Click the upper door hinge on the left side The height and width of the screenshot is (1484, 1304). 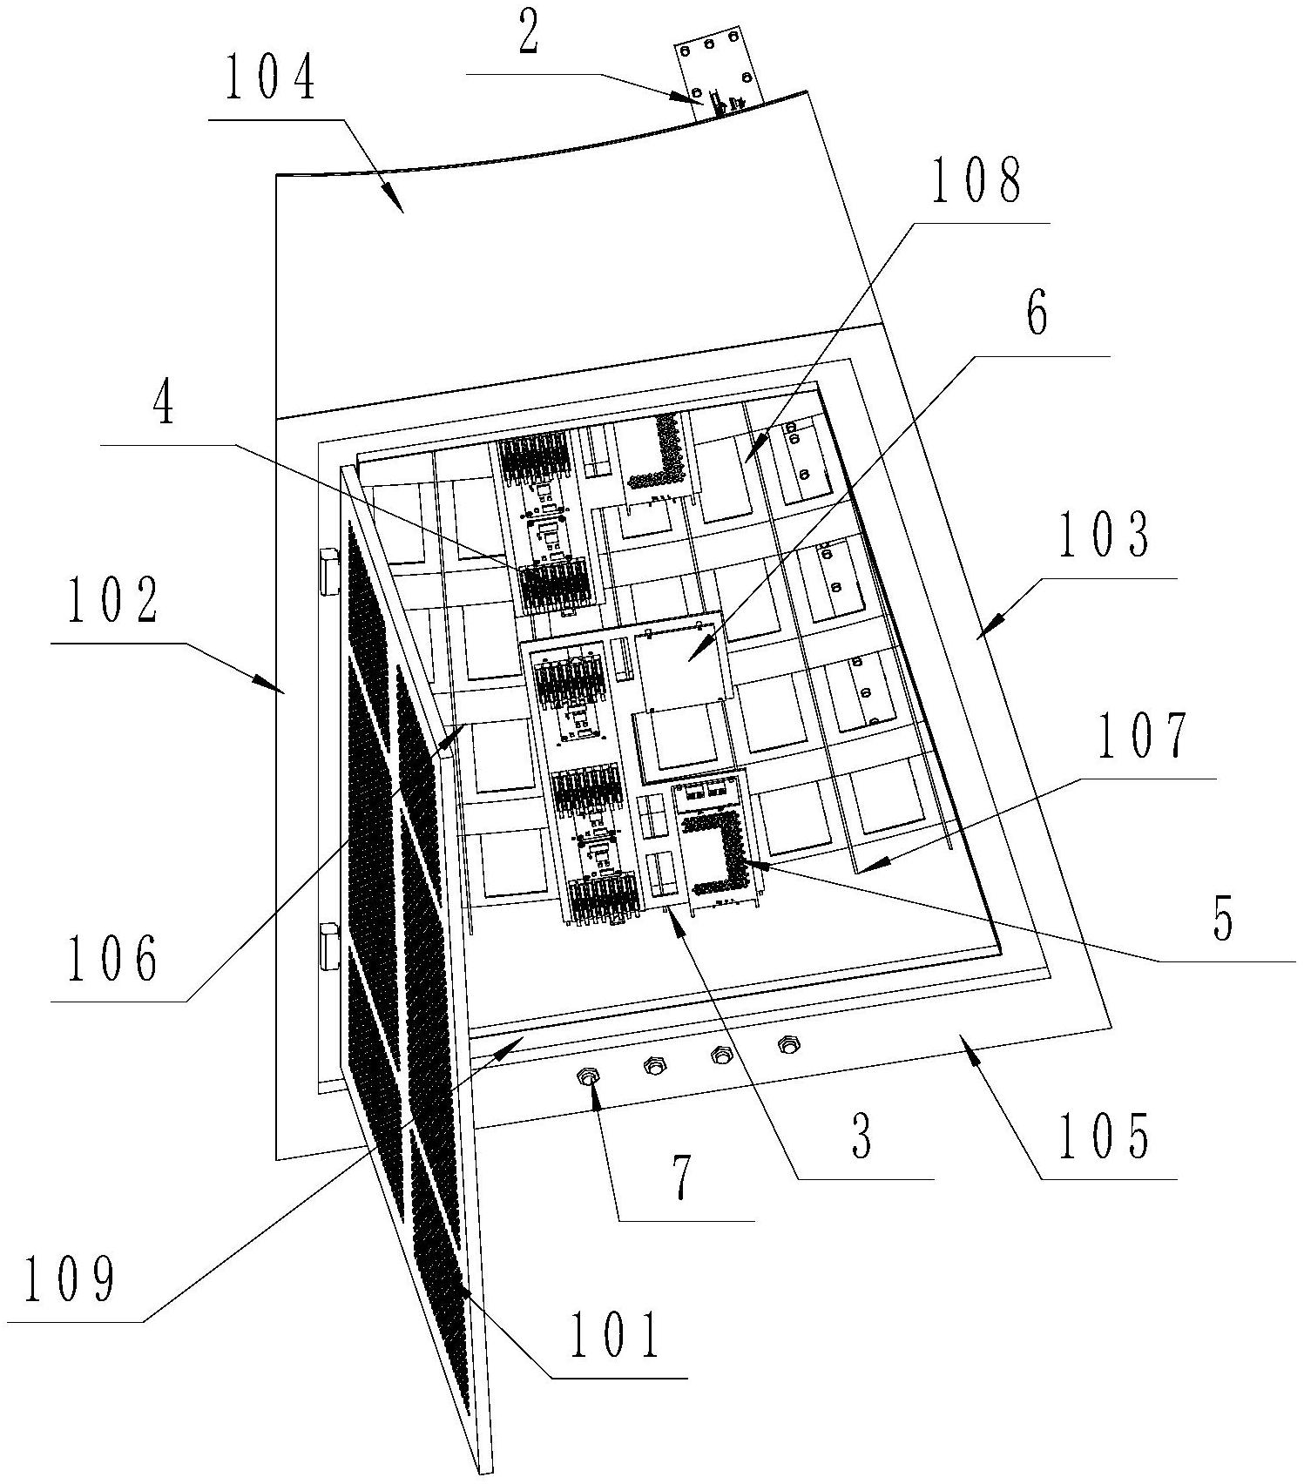click(x=329, y=571)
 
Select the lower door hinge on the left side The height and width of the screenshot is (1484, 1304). click(x=329, y=947)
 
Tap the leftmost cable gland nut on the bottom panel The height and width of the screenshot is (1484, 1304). click(x=590, y=1078)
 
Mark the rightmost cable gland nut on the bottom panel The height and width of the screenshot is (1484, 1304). click(x=789, y=1042)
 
